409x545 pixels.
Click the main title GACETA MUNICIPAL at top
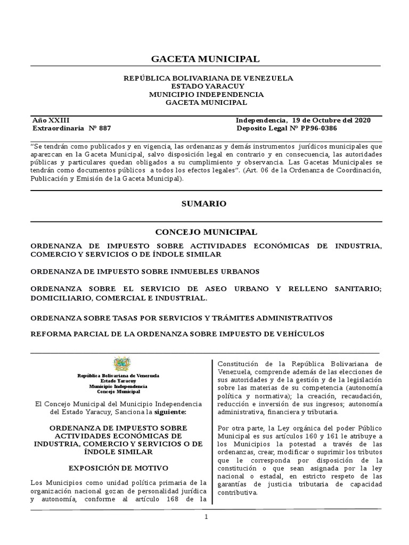206,59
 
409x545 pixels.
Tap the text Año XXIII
51,120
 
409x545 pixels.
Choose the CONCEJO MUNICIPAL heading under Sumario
206,232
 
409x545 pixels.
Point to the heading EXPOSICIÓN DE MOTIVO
119,468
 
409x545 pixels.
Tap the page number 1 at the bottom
206,518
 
